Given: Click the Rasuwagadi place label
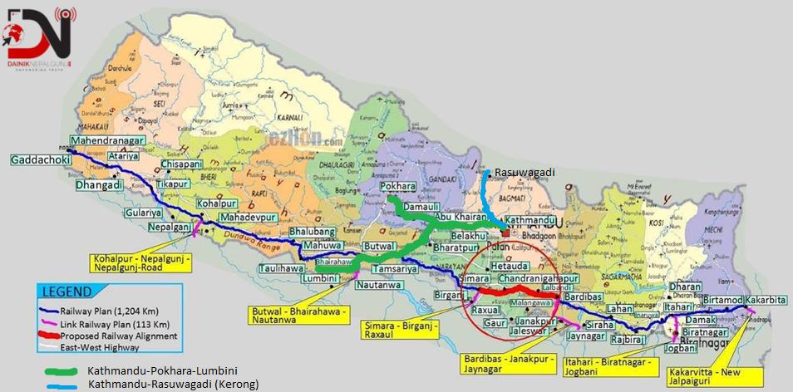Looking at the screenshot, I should tap(524, 173).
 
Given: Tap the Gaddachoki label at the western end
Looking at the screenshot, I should tap(38, 159).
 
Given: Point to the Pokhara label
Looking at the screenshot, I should tap(397, 187).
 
